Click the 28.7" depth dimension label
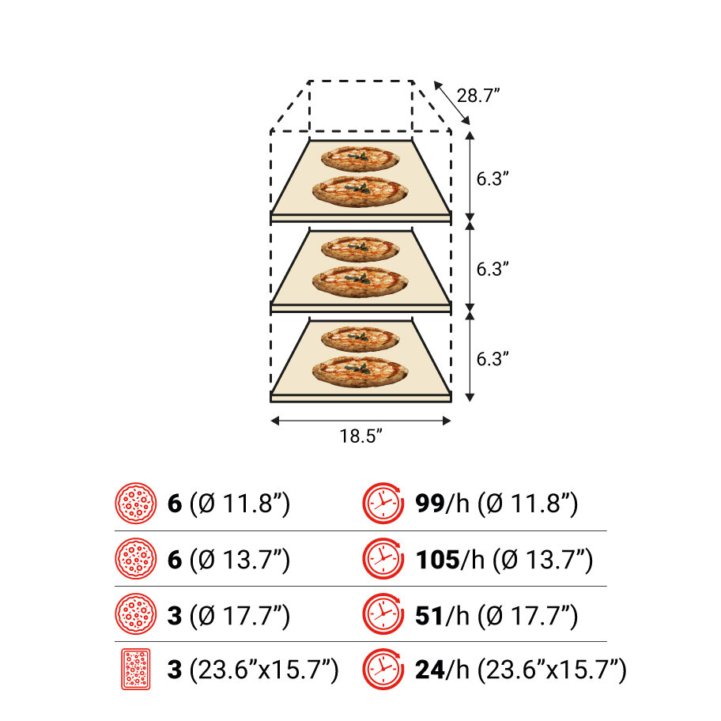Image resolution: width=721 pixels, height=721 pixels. click(x=480, y=96)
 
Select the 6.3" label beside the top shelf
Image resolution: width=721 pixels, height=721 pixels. click(x=492, y=179)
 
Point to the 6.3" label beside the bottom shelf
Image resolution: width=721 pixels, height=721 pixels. click(x=492, y=358)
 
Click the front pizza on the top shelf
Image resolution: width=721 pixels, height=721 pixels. click(x=360, y=191)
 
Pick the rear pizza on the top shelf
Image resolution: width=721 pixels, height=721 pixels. click(x=360, y=159)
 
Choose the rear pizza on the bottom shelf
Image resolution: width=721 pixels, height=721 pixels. click(x=360, y=338)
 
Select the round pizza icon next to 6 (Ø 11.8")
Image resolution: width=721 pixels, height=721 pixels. click(x=136, y=503)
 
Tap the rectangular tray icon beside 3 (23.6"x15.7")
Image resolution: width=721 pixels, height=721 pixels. click(x=136, y=670)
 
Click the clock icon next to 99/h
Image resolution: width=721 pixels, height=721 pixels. click(x=383, y=503)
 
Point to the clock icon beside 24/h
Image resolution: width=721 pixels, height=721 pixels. click(x=383, y=670)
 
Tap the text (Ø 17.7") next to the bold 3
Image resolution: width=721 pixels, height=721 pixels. click(x=240, y=615)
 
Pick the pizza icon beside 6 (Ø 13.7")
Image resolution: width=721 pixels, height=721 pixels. click(x=136, y=560)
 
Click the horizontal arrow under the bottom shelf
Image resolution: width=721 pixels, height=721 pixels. click(x=360, y=421)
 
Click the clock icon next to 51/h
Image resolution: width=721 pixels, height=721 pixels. click(x=383, y=615)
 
